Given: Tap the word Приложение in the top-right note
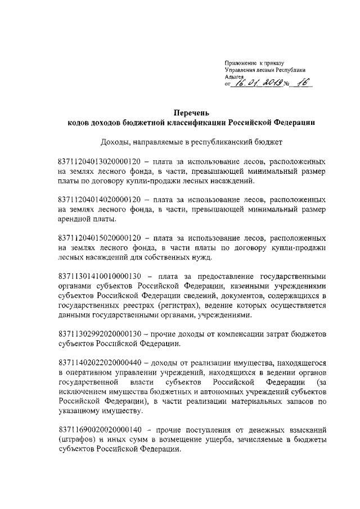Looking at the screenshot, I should point(241,62).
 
